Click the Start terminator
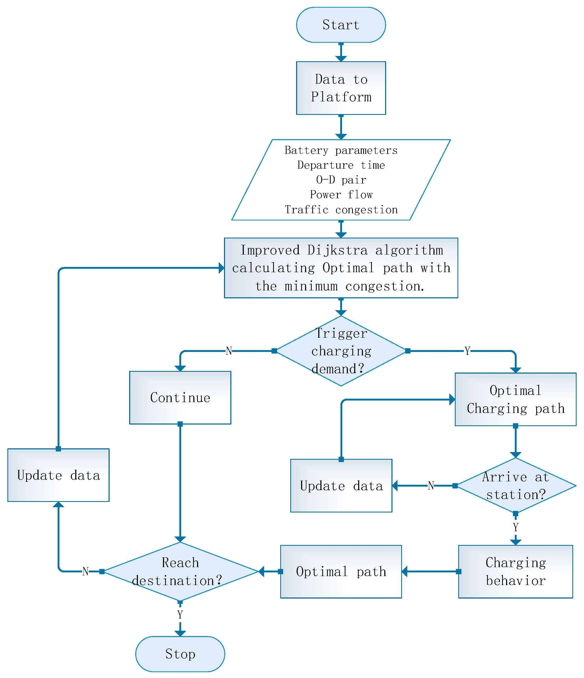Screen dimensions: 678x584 tap(341, 25)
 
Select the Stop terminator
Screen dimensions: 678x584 tap(180, 654)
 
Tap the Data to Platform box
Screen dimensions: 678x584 tap(341, 88)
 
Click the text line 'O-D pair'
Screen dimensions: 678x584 tap(341, 180)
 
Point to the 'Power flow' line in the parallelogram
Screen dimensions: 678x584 tap(341, 195)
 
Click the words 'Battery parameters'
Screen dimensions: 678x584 tap(341, 150)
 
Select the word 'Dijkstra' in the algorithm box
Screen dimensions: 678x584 tap(337, 250)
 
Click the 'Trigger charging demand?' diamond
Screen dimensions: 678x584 tap(341, 351)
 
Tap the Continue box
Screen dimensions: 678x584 tap(180, 398)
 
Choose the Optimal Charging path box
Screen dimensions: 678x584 tap(515, 399)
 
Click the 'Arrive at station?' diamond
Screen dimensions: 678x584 tap(515, 486)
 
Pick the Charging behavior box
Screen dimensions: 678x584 tap(515, 571)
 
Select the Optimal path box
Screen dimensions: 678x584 tap(341, 571)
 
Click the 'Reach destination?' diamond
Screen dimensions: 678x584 tap(180, 571)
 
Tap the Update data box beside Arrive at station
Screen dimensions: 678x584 tap(341, 486)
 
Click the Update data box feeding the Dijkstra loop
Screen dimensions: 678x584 tap(58, 475)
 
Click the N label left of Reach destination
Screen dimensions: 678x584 tap(85, 572)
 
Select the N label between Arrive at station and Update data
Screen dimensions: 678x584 tap(431, 486)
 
